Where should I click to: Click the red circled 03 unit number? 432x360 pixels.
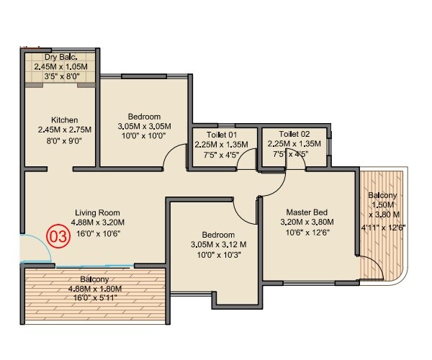pyautogui.click(x=58, y=235)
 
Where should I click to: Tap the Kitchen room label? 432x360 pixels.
pyautogui.click(x=64, y=120)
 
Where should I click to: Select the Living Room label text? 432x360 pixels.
pyautogui.click(x=99, y=212)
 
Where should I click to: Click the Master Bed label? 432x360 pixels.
pyautogui.click(x=307, y=212)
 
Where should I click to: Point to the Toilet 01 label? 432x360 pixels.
pyautogui.click(x=221, y=134)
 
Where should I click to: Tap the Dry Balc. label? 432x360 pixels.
pyautogui.click(x=60, y=58)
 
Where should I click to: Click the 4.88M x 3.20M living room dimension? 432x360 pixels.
pyautogui.click(x=99, y=222)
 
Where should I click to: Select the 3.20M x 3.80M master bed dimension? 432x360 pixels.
pyautogui.click(x=307, y=222)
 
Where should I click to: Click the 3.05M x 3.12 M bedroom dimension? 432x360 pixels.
pyautogui.click(x=217, y=245)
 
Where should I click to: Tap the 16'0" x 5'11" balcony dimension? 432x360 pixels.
pyautogui.click(x=95, y=299)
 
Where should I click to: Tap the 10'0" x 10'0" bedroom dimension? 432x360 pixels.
pyautogui.click(x=144, y=135)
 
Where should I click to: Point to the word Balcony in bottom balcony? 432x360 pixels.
pyautogui.click(x=94, y=279)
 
